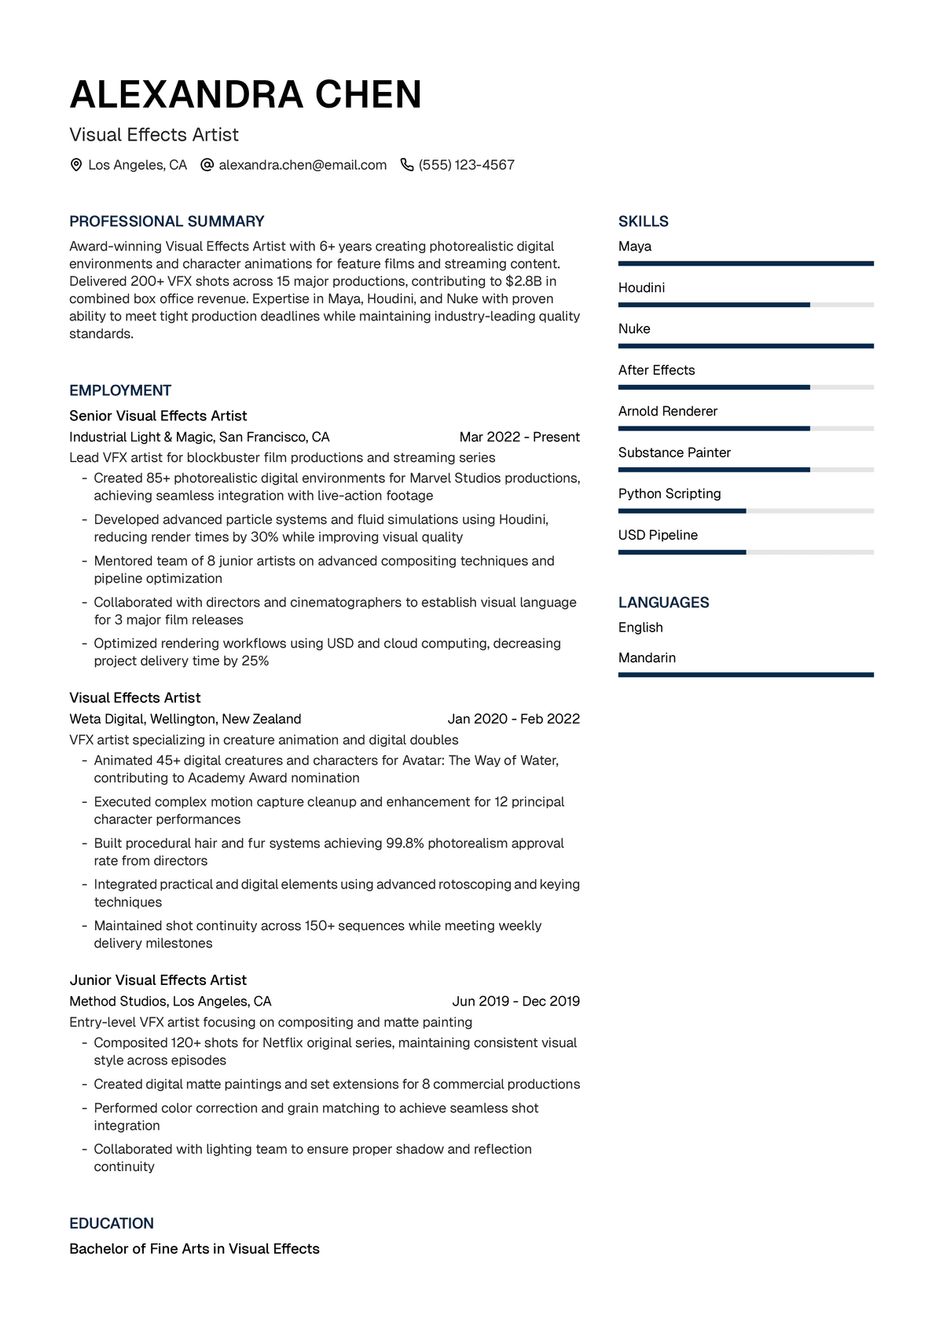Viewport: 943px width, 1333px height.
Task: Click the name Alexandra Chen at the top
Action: (x=245, y=94)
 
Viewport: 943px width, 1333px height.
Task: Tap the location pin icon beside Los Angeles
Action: (x=76, y=165)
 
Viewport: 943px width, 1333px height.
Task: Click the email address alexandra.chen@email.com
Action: (x=303, y=165)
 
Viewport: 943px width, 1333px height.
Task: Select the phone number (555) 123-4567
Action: (x=466, y=165)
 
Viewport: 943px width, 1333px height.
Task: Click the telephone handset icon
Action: (x=407, y=165)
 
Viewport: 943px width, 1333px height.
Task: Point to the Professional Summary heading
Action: (x=167, y=222)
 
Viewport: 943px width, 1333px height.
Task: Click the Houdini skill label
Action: (x=641, y=287)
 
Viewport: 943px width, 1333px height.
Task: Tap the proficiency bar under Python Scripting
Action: (x=745, y=511)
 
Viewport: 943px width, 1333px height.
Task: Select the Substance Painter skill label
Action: (x=674, y=452)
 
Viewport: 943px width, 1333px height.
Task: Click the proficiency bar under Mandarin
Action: (x=745, y=675)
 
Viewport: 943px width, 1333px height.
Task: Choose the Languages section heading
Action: (x=663, y=602)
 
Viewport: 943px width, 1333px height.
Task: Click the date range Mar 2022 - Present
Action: (x=519, y=437)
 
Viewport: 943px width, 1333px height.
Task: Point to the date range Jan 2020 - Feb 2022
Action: (x=513, y=719)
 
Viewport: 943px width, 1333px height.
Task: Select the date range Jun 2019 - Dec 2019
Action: (x=516, y=1001)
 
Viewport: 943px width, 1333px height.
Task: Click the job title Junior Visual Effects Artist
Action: (x=158, y=980)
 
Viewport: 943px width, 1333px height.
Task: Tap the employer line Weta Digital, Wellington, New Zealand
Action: (x=185, y=719)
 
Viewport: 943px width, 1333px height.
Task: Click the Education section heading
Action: (x=112, y=1223)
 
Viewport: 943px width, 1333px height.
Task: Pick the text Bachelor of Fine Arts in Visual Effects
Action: (x=194, y=1249)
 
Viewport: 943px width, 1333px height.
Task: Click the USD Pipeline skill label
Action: (x=658, y=535)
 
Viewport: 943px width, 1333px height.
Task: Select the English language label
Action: (x=640, y=628)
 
